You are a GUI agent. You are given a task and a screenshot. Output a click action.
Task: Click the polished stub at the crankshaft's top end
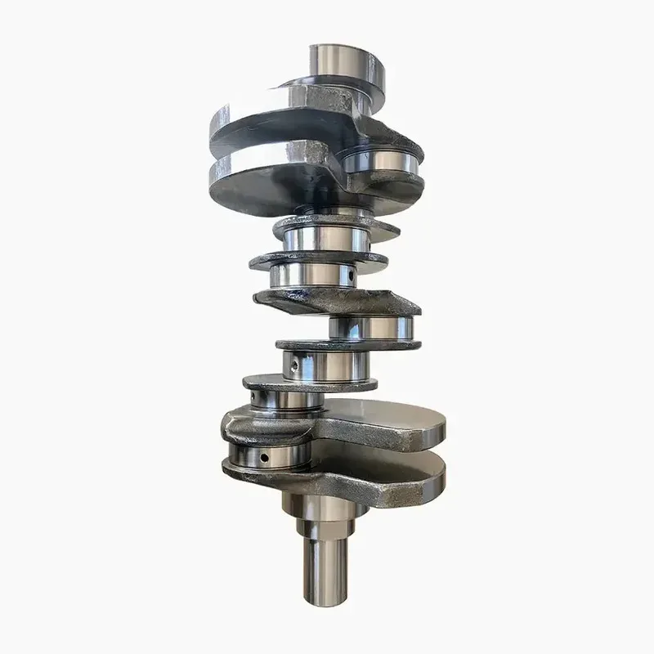pos(334,62)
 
